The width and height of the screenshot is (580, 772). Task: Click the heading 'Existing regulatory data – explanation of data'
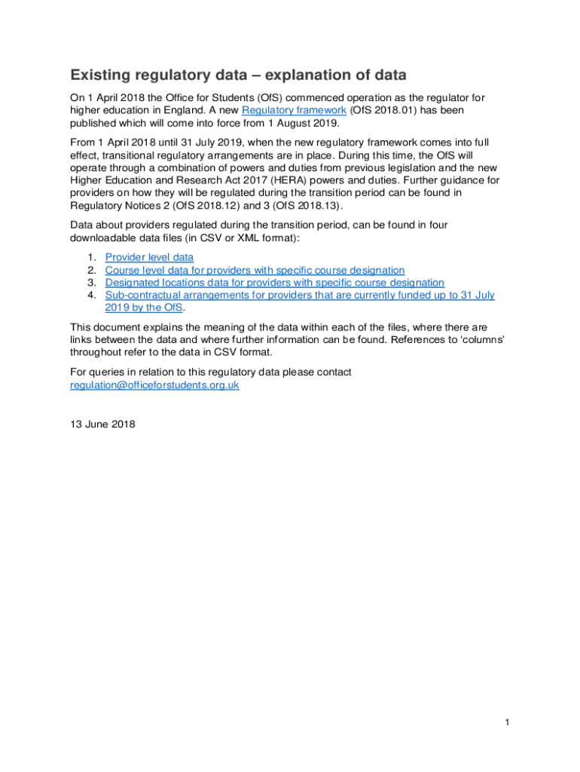click(238, 75)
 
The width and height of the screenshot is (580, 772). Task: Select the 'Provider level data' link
click(149, 257)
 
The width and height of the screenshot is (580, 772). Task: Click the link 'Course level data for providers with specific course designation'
click(255, 270)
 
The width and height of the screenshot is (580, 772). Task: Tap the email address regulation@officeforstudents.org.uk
click(154, 384)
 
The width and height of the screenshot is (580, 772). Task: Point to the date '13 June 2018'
click(102, 424)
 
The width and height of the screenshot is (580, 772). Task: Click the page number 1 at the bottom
click(508, 723)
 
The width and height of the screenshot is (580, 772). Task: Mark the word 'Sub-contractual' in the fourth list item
click(142, 296)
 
